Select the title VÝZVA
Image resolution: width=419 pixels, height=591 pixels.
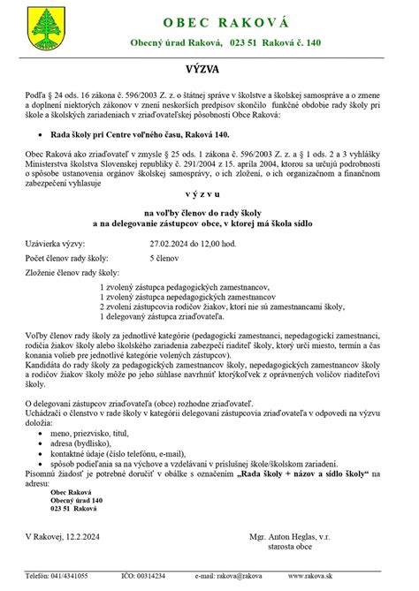pyautogui.click(x=209, y=67)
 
